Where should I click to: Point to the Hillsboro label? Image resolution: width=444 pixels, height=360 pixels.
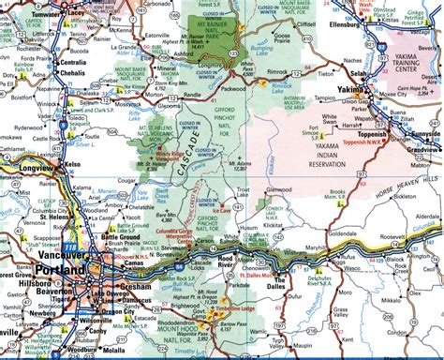(25, 280)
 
